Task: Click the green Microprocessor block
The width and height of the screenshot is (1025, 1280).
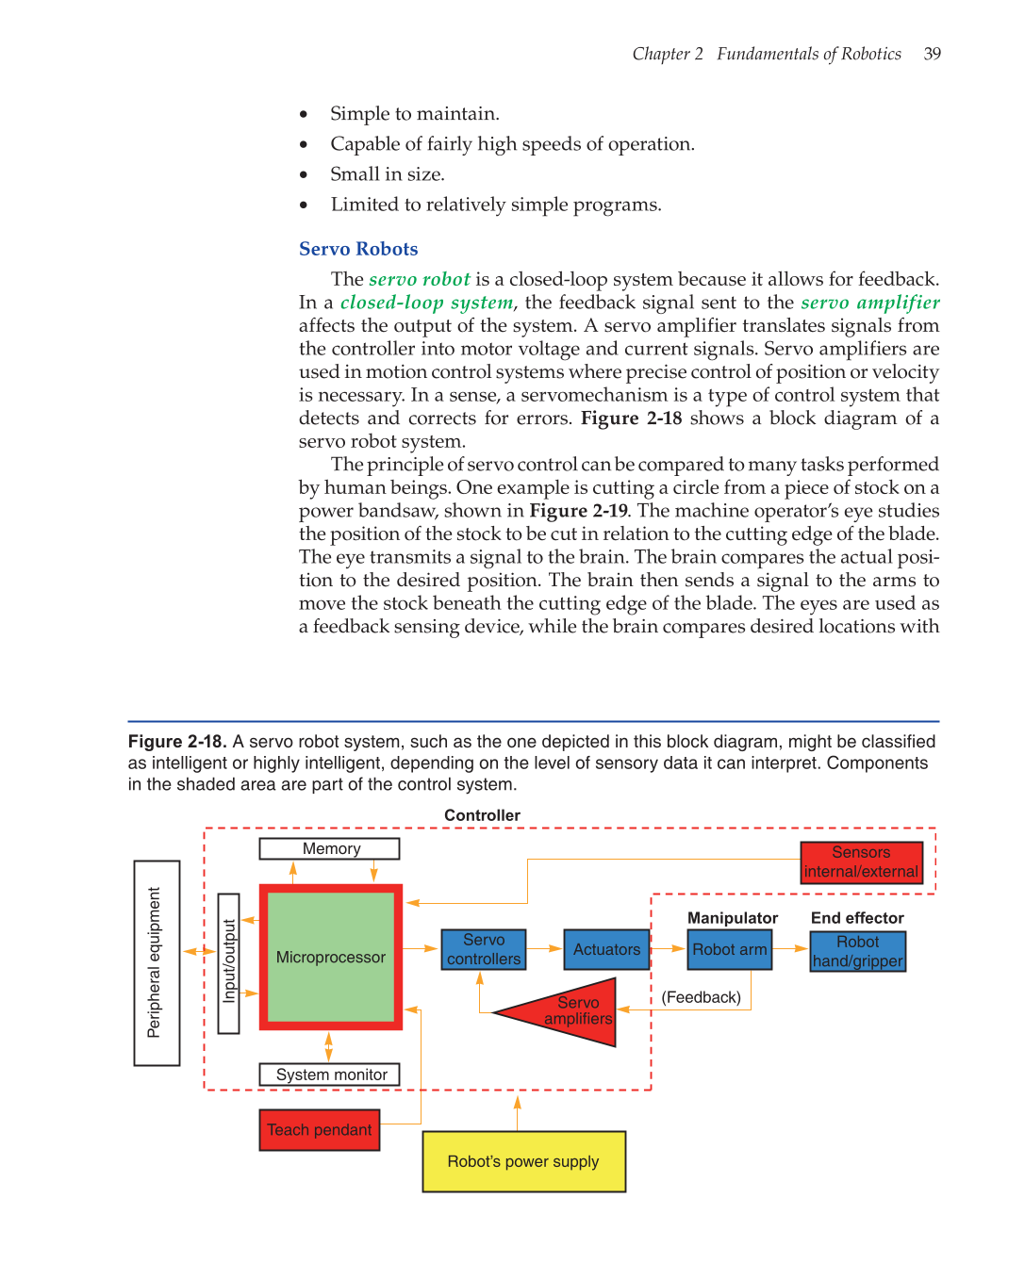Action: (330, 957)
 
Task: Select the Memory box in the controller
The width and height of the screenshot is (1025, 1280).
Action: (330, 848)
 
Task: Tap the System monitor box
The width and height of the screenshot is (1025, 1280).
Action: (330, 1075)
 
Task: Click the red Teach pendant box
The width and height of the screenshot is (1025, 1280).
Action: (320, 1129)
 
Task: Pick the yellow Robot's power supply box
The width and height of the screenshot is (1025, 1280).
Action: (523, 1161)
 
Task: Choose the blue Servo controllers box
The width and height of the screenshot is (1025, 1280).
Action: (484, 949)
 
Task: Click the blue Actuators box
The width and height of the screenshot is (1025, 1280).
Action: (606, 949)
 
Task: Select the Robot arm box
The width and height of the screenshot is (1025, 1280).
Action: (729, 949)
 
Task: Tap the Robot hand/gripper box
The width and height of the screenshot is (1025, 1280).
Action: (857, 951)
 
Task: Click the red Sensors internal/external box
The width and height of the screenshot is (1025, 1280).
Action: (861, 862)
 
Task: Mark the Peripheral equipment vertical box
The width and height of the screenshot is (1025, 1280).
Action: (157, 962)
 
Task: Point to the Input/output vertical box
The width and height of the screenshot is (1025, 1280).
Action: (228, 962)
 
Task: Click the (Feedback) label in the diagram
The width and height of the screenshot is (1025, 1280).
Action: (701, 997)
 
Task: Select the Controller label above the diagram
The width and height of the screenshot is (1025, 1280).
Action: (482, 815)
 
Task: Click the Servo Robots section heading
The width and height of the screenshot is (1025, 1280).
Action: (358, 249)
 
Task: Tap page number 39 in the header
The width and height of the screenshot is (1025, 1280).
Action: (933, 54)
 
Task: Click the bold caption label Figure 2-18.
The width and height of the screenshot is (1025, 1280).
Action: (177, 742)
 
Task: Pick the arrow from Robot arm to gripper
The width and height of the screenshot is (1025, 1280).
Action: (791, 949)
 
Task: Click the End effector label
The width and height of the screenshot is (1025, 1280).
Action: (856, 918)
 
